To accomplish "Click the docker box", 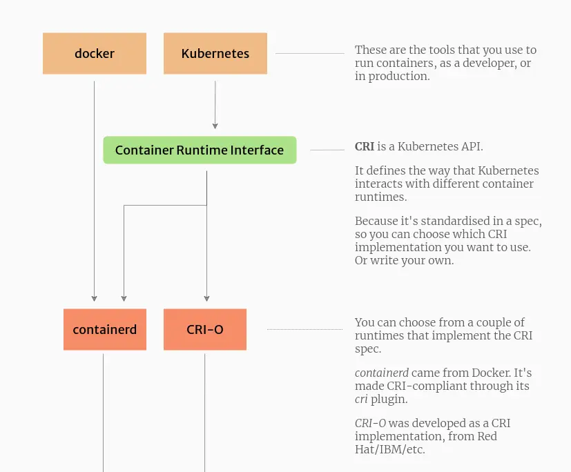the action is (x=95, y=54).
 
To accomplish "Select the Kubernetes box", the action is (x=215, y=54).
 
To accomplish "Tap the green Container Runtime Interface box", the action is (x=200, y=150).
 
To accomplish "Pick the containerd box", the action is (x=105, y=329).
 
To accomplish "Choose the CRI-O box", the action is (x=205, y=329).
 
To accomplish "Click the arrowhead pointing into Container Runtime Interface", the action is (x=215, y=126).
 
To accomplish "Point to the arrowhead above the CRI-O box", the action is (x=207, y=298).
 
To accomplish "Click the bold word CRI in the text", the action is (x=365, y=147).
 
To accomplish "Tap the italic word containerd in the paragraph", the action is (x=382, y=373).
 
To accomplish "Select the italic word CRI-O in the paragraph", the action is (x=370, y=423).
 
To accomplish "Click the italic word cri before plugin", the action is (x=361, y=400).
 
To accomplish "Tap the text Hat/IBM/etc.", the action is (x=390, y=449).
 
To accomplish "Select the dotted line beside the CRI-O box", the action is (x=304, y=329).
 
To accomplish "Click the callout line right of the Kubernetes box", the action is (x=310, y=54).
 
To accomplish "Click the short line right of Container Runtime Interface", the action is (x=327, y=150).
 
